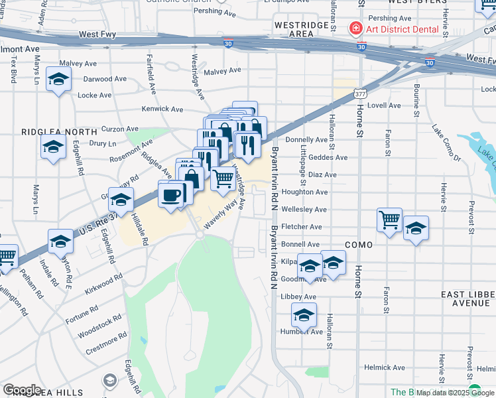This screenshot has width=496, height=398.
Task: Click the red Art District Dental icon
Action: tap(355, 29)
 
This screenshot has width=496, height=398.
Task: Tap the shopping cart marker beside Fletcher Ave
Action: tap(389, 220)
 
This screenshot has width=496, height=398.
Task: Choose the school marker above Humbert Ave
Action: tap(304, 315)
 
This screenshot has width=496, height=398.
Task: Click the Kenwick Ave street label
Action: tap(162, 109)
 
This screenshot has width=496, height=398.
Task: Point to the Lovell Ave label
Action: tap(384, 105)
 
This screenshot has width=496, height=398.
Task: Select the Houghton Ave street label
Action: tap(304, 192)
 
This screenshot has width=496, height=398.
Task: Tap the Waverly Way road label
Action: tap(220, 216)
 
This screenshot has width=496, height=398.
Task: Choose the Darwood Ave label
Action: tap(105, 79)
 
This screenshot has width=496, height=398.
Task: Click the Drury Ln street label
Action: tap(102, 143)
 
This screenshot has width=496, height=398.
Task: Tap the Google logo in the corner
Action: tap(22, 390)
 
